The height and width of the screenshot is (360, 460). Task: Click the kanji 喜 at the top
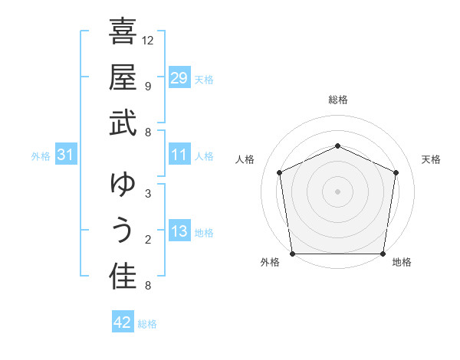click(123, 33)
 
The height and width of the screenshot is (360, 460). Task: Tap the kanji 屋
click(123, 77)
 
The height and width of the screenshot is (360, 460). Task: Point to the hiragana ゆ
click(123, 185)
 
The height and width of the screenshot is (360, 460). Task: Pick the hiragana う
click(123, 231)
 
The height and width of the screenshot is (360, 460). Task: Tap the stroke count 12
click(148, 40)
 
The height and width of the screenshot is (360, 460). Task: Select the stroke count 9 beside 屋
click(148, 86)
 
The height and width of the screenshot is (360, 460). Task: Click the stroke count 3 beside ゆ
click(148, 193)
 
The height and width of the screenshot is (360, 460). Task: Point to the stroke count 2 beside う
click(148, 240)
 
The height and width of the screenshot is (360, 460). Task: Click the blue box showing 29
click(179, 78)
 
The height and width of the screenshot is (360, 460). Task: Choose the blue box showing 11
click(179, 155)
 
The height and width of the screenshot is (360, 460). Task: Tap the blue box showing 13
click(179, 232)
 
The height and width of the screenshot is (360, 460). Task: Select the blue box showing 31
click(66, 155)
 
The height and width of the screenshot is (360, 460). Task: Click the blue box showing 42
click(123, 322)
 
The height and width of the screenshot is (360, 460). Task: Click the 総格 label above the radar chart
click(338, 100)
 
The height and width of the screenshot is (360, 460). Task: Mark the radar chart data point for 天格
click(396, 172)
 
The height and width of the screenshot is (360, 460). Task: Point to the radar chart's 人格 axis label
click(245, 159)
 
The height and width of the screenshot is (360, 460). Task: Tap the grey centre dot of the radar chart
click(338, 191)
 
